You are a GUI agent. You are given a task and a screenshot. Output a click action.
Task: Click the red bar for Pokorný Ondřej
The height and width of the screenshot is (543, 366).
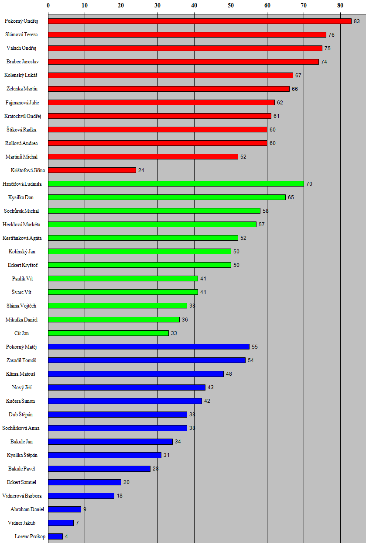tap(199, 21)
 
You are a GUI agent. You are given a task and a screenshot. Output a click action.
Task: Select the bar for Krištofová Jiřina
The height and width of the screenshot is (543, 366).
tap(92, 170)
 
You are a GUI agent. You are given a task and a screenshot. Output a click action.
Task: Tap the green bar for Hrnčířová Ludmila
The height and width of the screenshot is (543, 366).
tap(176, 183)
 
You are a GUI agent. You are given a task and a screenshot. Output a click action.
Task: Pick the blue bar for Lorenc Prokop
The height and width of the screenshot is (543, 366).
tap(55, 536)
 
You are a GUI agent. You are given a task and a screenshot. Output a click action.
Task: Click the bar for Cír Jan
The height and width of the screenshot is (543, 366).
tap(108, 333)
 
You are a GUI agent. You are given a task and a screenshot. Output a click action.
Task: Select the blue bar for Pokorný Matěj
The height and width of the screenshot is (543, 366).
tap(149, 346)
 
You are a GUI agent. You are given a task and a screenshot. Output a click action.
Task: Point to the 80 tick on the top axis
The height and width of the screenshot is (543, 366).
tap(340, 6)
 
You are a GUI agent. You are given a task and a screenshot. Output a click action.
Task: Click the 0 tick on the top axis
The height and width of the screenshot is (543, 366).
tap(48, 6)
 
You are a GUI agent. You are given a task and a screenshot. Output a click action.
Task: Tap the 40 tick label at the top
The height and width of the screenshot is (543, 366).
tap(194, 6)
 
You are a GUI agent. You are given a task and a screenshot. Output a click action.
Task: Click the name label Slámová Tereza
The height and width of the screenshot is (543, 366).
tap(21, 35)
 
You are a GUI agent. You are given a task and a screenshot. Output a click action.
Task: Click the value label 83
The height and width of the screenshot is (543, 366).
tap(357, 21)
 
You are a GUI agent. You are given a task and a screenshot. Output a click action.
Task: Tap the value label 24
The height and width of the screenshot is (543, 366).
tap(141, 170)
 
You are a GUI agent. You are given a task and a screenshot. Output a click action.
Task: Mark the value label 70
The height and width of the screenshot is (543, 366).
tap(309, 184)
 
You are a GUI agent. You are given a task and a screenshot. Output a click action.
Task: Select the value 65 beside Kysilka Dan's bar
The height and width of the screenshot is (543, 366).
tap(291, 197)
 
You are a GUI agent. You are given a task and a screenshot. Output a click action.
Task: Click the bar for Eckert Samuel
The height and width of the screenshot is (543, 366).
tap(85, 482)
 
